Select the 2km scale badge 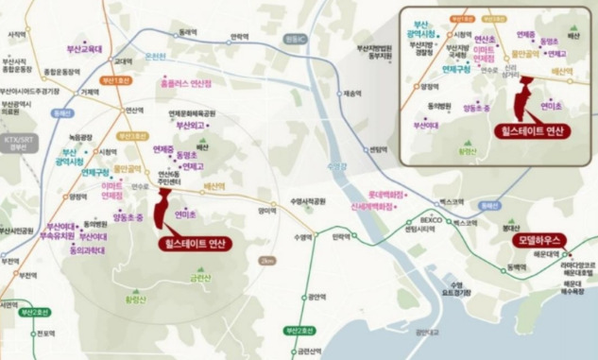[x=267, y=260]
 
